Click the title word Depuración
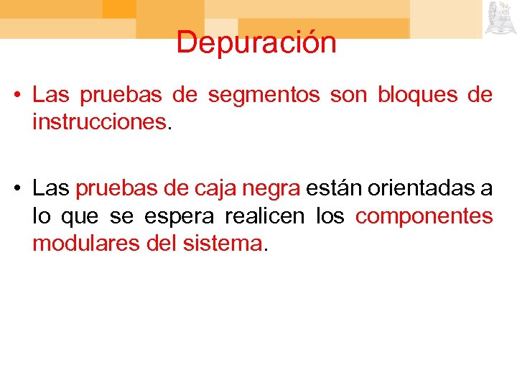pos(256,42)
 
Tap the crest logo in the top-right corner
pos(500,18)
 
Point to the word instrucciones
pos(99,122)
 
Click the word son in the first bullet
pos(345,95)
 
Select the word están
pos(334,188)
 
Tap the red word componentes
pos(424,217)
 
